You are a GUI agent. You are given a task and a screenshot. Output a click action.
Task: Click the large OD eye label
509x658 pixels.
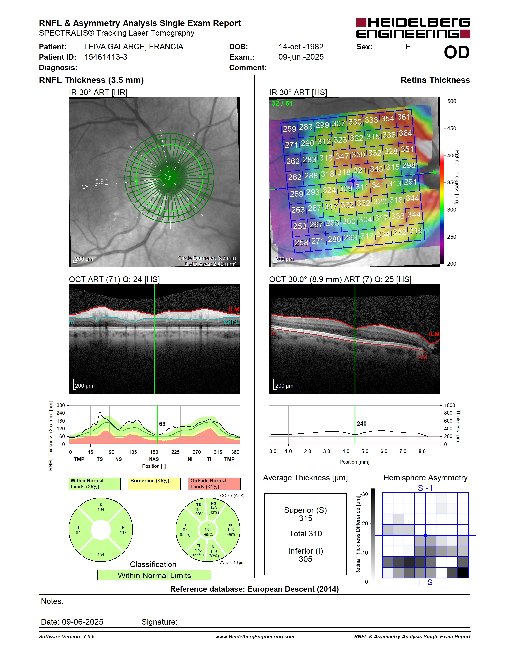point(457,52)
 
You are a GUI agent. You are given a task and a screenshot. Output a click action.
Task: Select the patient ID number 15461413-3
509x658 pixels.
point(106,57)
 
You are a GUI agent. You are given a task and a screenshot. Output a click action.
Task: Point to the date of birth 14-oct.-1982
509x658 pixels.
point(301,47)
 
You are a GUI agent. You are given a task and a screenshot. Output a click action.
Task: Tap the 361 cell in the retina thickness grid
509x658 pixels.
point(403,117)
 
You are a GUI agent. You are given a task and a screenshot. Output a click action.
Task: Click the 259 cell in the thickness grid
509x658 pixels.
point(289,129)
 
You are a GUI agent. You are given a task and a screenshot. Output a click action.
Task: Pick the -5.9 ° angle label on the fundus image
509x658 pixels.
point(100,181)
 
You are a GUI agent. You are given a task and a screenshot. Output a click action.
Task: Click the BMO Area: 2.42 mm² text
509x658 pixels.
point(210,264)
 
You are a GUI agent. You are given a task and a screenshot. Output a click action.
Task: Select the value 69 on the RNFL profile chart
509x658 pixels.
point(162,424)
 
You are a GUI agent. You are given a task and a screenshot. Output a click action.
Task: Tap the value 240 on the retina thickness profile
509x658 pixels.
point(362,424)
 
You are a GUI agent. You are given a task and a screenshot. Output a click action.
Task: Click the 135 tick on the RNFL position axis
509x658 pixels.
point(133,452)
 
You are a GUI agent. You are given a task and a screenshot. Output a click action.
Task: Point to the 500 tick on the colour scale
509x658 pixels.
point(451,101)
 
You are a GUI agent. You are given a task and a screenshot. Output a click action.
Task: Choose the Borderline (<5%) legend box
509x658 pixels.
point(154,484)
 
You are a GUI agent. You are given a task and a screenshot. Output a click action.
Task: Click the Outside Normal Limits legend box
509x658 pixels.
point(214,484)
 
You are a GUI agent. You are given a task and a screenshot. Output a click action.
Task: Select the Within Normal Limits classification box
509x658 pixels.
point(154,575)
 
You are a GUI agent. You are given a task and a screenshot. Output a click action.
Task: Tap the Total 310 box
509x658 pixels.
point(305,534)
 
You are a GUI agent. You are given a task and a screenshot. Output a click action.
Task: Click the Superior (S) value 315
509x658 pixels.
point(305,518)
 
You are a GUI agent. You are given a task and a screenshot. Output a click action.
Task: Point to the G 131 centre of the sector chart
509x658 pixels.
point(208,530)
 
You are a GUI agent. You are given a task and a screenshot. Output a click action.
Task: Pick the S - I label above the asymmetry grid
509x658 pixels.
point(425,488)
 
